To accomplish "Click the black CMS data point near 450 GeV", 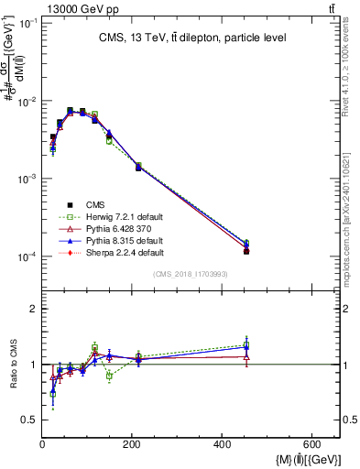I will point(246,251).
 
